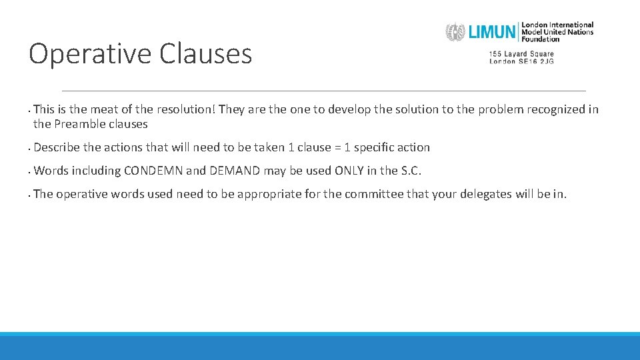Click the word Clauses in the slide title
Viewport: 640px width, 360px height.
(x=205, y=54)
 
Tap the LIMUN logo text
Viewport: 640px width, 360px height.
(x=492, y=31)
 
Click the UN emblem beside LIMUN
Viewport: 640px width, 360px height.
(x=455, y=32)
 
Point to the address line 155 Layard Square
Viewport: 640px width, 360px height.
(x=521, y=54)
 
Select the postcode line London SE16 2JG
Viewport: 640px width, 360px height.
(x=521, y=61)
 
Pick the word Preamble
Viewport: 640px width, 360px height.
(x=81, y=124)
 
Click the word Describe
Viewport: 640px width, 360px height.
(x=57, y=147)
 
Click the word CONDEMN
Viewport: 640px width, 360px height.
(x=153, y=171)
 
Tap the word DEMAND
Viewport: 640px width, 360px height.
(x=234, y=171)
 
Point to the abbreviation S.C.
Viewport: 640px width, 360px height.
(x=411, y=171)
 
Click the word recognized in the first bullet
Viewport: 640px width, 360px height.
(x=555, y=109)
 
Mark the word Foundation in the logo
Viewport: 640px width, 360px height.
(x=541, y=39)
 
